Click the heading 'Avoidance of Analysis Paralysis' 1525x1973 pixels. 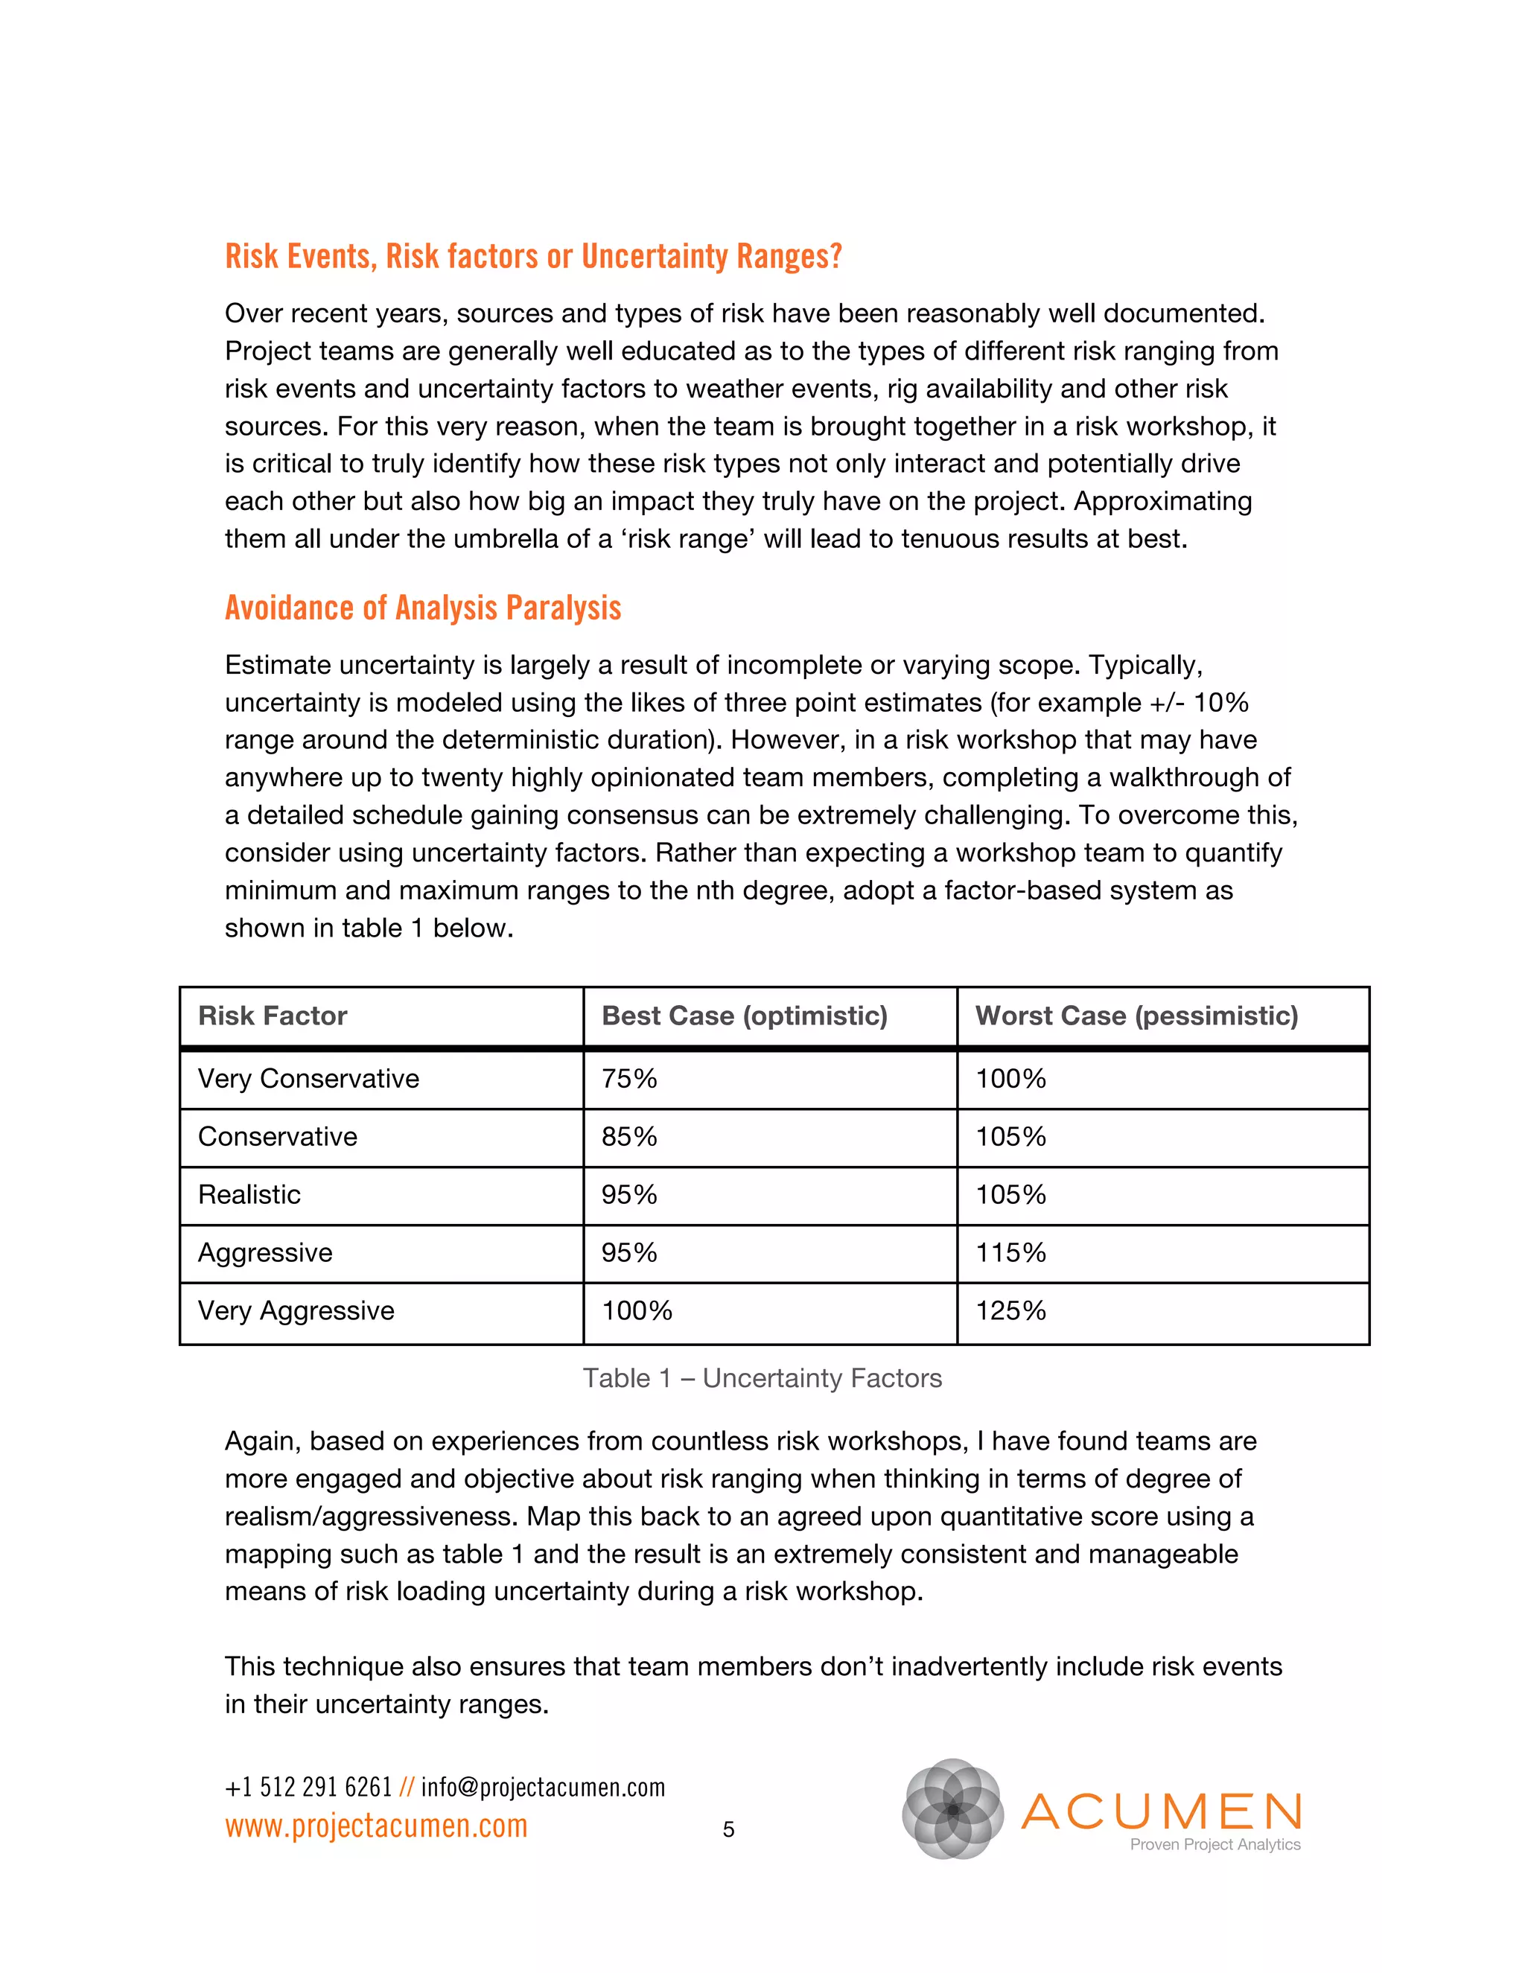coord(423,608)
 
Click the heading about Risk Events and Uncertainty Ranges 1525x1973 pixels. coord(533,257)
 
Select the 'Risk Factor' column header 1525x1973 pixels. coord(273,1016)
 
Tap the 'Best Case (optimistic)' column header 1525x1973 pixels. coord(745,1016)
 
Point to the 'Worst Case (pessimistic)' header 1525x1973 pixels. coord(1136,1016)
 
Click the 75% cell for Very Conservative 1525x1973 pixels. coord(630,1079)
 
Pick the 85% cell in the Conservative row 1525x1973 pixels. coord(630,1136)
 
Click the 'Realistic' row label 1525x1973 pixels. coord(249,1195)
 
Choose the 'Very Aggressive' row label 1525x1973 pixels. coord(296,1311)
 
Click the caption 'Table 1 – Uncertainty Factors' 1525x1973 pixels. coord(762,1379)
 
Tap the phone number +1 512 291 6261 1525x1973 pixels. coord(308,1788)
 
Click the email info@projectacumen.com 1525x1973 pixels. coord(543,1788)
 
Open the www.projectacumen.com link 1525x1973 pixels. coord(376,1826)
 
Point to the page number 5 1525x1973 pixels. coord(728,1830)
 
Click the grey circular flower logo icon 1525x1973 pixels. coord(953,1809)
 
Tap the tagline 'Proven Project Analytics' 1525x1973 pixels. coord(1215,1845)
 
